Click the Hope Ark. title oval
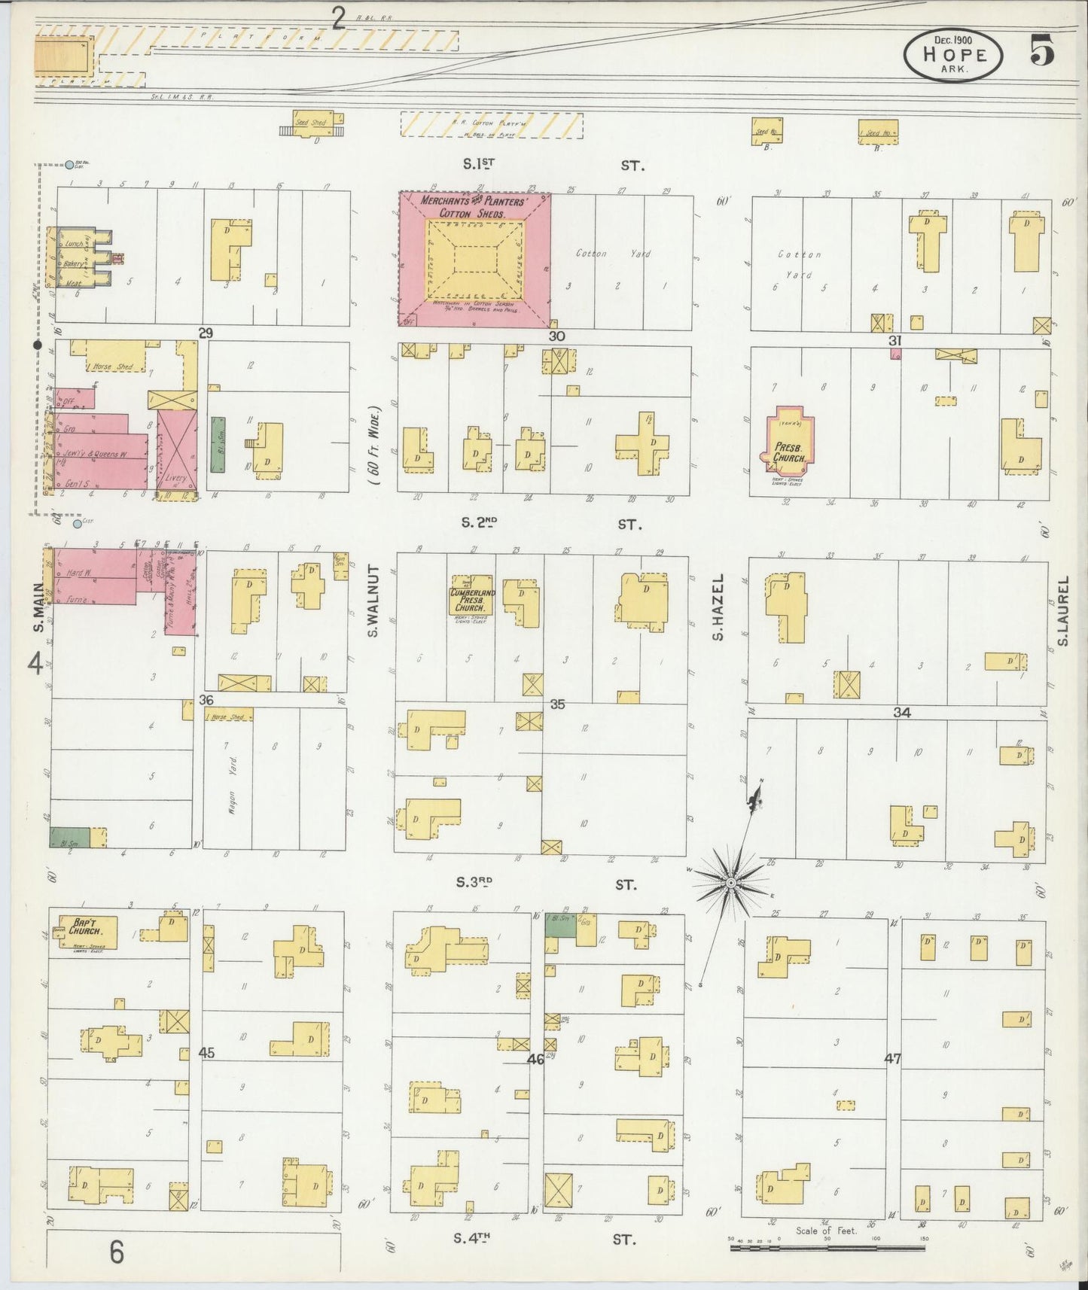[x=953, y=55]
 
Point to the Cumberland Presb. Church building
[x=471, y=598]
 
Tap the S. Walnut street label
[x=372, y=602]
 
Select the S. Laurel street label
[x=1062, y=611]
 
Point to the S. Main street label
[x=38, y=610]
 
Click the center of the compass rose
[x=730, y=881]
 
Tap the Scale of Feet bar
[x=827, y=1248]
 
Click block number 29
[x=206, y=333]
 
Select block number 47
[x=892, y=1058]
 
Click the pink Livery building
[x=177, y=450]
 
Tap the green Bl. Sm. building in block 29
[x=218, y=445]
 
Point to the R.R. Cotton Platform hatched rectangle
[x=491, y=125]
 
